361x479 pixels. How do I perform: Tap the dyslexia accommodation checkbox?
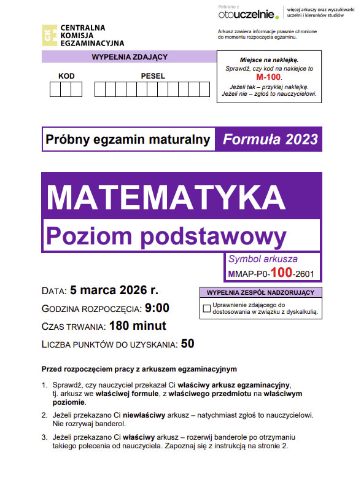pos(206,308)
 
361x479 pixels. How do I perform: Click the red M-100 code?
pos(268,78)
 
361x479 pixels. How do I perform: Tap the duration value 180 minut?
pos(137,325)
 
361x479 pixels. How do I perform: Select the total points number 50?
pos(187,343)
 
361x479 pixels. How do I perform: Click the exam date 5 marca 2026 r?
pos(114,290)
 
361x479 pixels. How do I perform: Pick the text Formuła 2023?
pos(270,139)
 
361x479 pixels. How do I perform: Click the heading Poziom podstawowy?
pos(166,235)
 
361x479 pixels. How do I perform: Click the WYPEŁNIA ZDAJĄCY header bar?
pos(129,57)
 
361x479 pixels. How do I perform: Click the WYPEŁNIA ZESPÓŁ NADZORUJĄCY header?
pos(261,292)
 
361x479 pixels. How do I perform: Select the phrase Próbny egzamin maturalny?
pos(128,139)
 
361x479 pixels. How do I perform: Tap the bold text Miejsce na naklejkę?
pos(268,60)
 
